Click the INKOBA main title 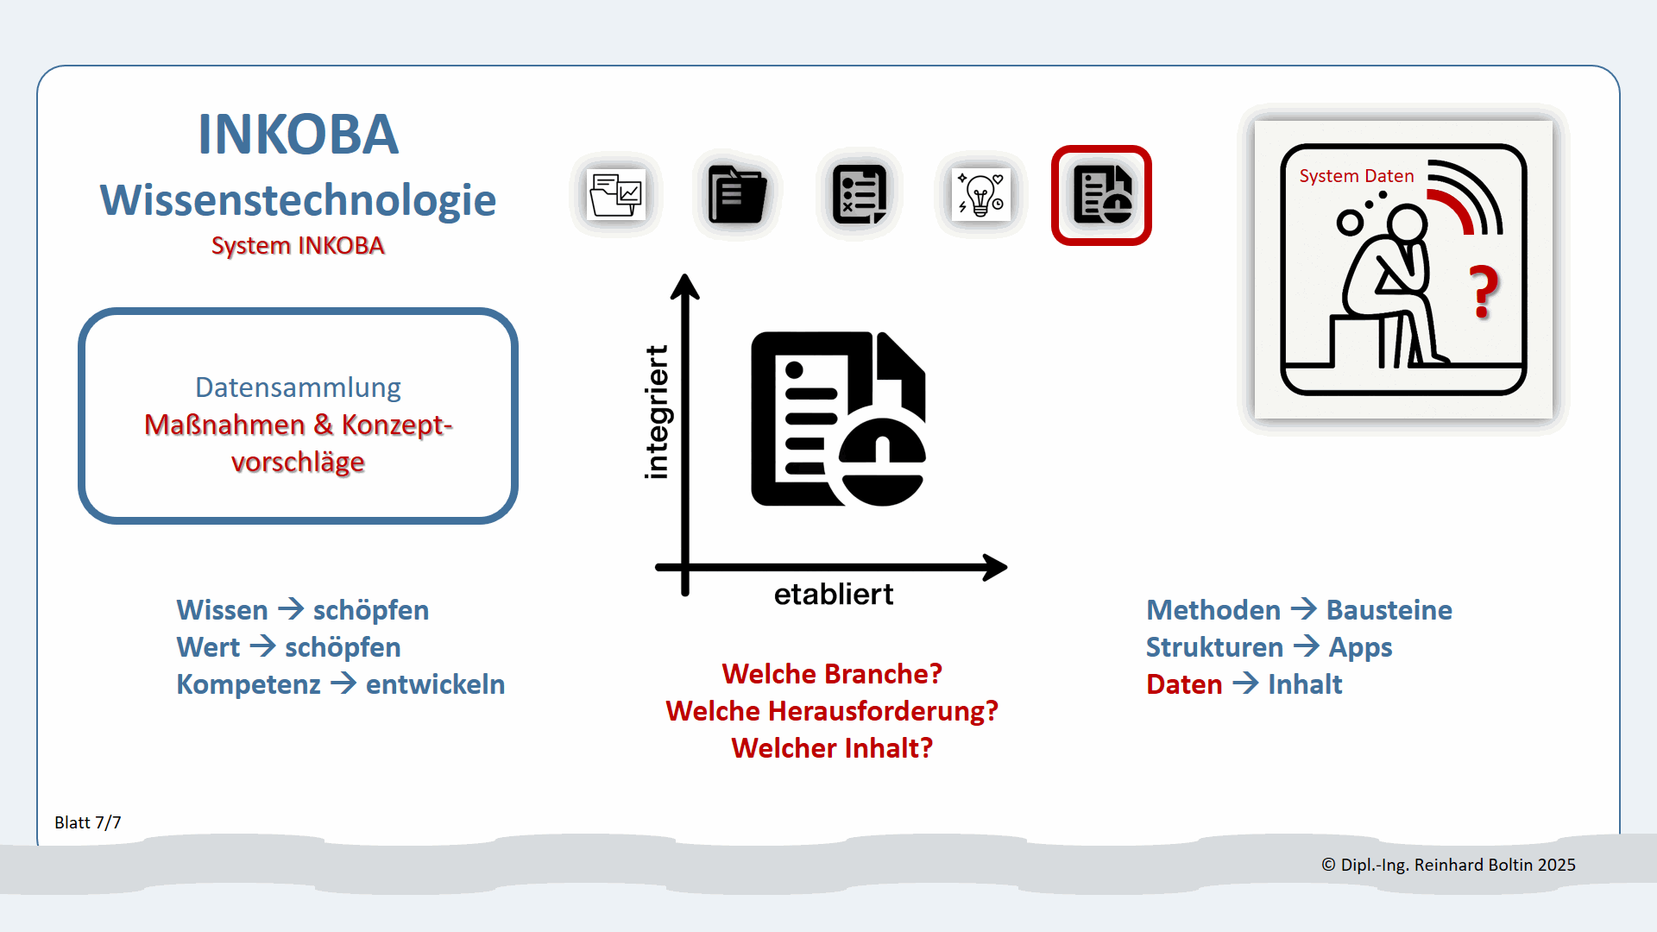[x=298, y=135]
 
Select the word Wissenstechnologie [x=298, y=200]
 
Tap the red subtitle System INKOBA [x=298, y=246]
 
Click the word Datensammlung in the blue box [x=298, y=387]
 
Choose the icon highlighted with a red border [x=1101, y=195]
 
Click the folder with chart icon [x=615, y=195]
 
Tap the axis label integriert [x=657, y=412]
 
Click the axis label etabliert [x=833, y=595]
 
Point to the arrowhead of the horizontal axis [x=996, y=567]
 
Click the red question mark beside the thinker [x=1484, y=293]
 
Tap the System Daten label [x=1356, y=176]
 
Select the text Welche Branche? [x=832, y=674]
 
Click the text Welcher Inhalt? [x=832, y=748]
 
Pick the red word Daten [x=1184, y=684]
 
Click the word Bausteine [x=1389, y=610]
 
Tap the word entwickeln [x=435, y=684]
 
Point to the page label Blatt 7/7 [x=88, y=822]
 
